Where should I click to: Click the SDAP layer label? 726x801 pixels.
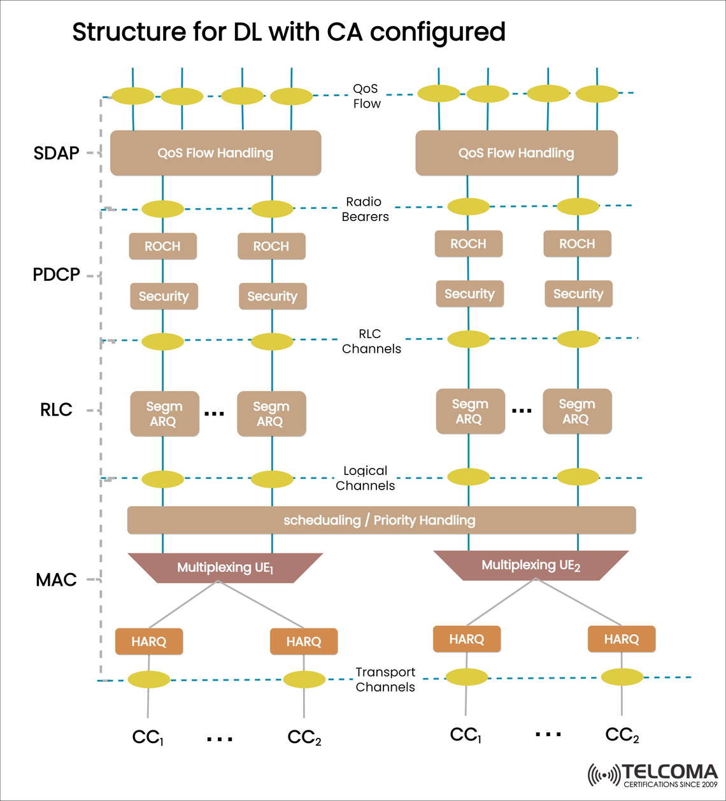click(x=56, y=153)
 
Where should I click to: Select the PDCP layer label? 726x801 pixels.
click(x=56, y=275)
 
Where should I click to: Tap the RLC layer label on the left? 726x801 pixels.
click(x=56, y=410)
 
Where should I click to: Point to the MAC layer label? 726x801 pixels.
click(x=56, y=580)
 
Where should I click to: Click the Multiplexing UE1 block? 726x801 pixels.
click(x=225, y=568)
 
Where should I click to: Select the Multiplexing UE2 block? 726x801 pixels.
click(x=530, y=565)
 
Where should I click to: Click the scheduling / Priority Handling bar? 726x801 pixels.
click(x=381, y=520)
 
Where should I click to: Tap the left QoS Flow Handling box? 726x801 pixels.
click(x=215, y=153)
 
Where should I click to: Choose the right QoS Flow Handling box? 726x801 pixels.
click(x=516, y=153)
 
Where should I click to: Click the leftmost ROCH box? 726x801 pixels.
click(x=162, y=246)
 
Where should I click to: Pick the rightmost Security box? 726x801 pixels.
click(x=578, y=294)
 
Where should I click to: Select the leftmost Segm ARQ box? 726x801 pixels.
click(x=164, y=414)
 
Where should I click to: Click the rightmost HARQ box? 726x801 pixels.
click(x=621, y=639)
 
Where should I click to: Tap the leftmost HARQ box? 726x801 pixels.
click(x=149, y=642)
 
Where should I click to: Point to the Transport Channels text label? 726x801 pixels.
click(x=385, y=679)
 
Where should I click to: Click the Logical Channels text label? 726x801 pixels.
click(x=365, y=478)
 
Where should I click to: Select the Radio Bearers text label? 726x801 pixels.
click(x=365, y=209)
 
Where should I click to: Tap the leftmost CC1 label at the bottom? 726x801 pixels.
click(x=148, y=737)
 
